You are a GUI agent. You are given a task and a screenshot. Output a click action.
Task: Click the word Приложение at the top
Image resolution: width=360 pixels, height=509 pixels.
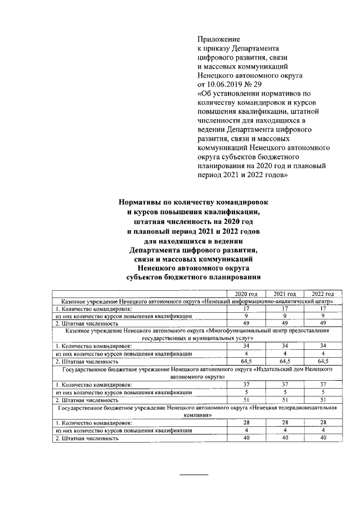218,39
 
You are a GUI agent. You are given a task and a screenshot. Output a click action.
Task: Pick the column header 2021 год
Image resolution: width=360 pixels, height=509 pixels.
284,294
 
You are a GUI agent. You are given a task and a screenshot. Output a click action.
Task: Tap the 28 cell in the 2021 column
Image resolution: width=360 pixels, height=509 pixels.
284,422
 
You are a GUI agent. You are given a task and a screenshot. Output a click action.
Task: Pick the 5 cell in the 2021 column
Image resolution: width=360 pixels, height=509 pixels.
284,391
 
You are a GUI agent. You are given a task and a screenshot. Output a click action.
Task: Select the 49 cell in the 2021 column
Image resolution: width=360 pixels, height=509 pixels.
284,323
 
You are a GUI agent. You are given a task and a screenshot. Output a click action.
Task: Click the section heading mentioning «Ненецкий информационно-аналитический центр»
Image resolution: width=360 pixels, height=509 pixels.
197,301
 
